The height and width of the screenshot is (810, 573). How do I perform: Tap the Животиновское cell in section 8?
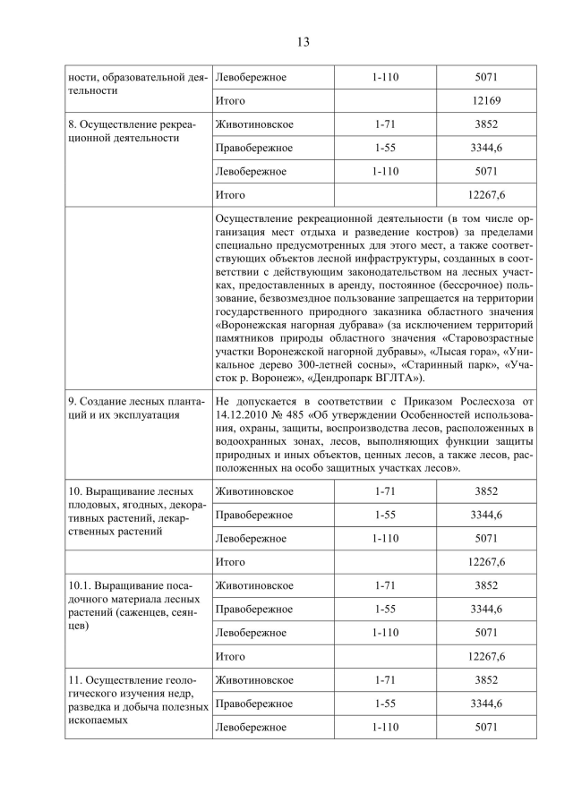254,124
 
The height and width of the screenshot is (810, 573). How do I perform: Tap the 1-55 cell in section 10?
385,515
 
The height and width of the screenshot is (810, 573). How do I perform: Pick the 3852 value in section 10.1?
486,585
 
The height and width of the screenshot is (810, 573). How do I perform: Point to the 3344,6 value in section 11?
486,703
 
